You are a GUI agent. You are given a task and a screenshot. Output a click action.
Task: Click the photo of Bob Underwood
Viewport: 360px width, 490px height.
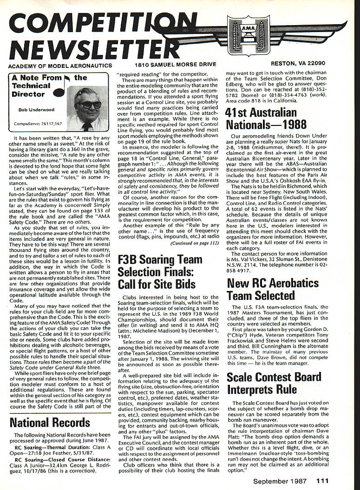point(87,108)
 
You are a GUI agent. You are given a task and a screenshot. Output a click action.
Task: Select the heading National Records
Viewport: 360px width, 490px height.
point(50,423)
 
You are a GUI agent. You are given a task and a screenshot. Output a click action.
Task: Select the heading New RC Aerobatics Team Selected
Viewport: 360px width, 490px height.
point(273,289)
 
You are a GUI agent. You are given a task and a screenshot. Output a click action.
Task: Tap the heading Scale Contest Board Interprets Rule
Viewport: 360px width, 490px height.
point(274,383)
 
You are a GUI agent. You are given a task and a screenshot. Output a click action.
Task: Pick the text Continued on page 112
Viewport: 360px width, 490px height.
point(195,243)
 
